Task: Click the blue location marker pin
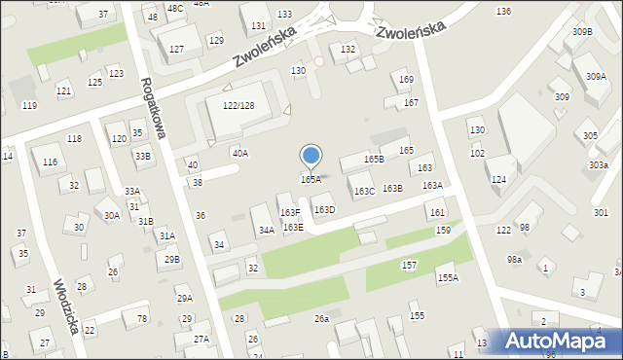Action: [x=311, y=156]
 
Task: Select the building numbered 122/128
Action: [x=238, y=105]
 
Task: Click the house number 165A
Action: [x=311, y=179]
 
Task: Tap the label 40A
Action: [x=239, y=153]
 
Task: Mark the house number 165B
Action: [x=374, y=159]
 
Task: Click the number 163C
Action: [x=364, y=192]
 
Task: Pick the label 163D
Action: [x=324, y=209]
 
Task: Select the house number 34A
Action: [x=266, y=231]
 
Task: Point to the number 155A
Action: [x=448, y=277]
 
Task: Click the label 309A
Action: [x=596, y=76]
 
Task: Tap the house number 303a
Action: [x=599, y=165]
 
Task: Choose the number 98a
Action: [x=514, y=260]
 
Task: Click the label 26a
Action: [x=321, y=318]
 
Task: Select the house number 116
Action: [x=49, y=162]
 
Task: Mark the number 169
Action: [x=407, y=79]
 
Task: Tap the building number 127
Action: [x=176, y=49]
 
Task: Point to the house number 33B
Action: [x=143, y=156]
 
